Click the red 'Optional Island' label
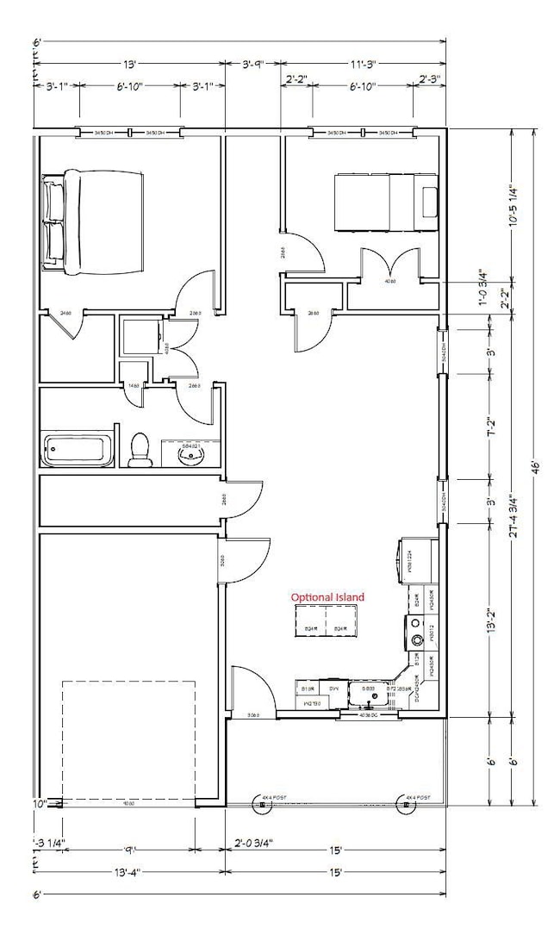click(327, 597)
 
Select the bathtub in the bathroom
click(78, 450)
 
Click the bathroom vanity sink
click(189, 453)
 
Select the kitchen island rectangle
click(327, 620)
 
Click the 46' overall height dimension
click(535, 466)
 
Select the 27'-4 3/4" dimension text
click(513, 514)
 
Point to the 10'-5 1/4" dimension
click(513, 208)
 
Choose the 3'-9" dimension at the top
click(254, 64)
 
